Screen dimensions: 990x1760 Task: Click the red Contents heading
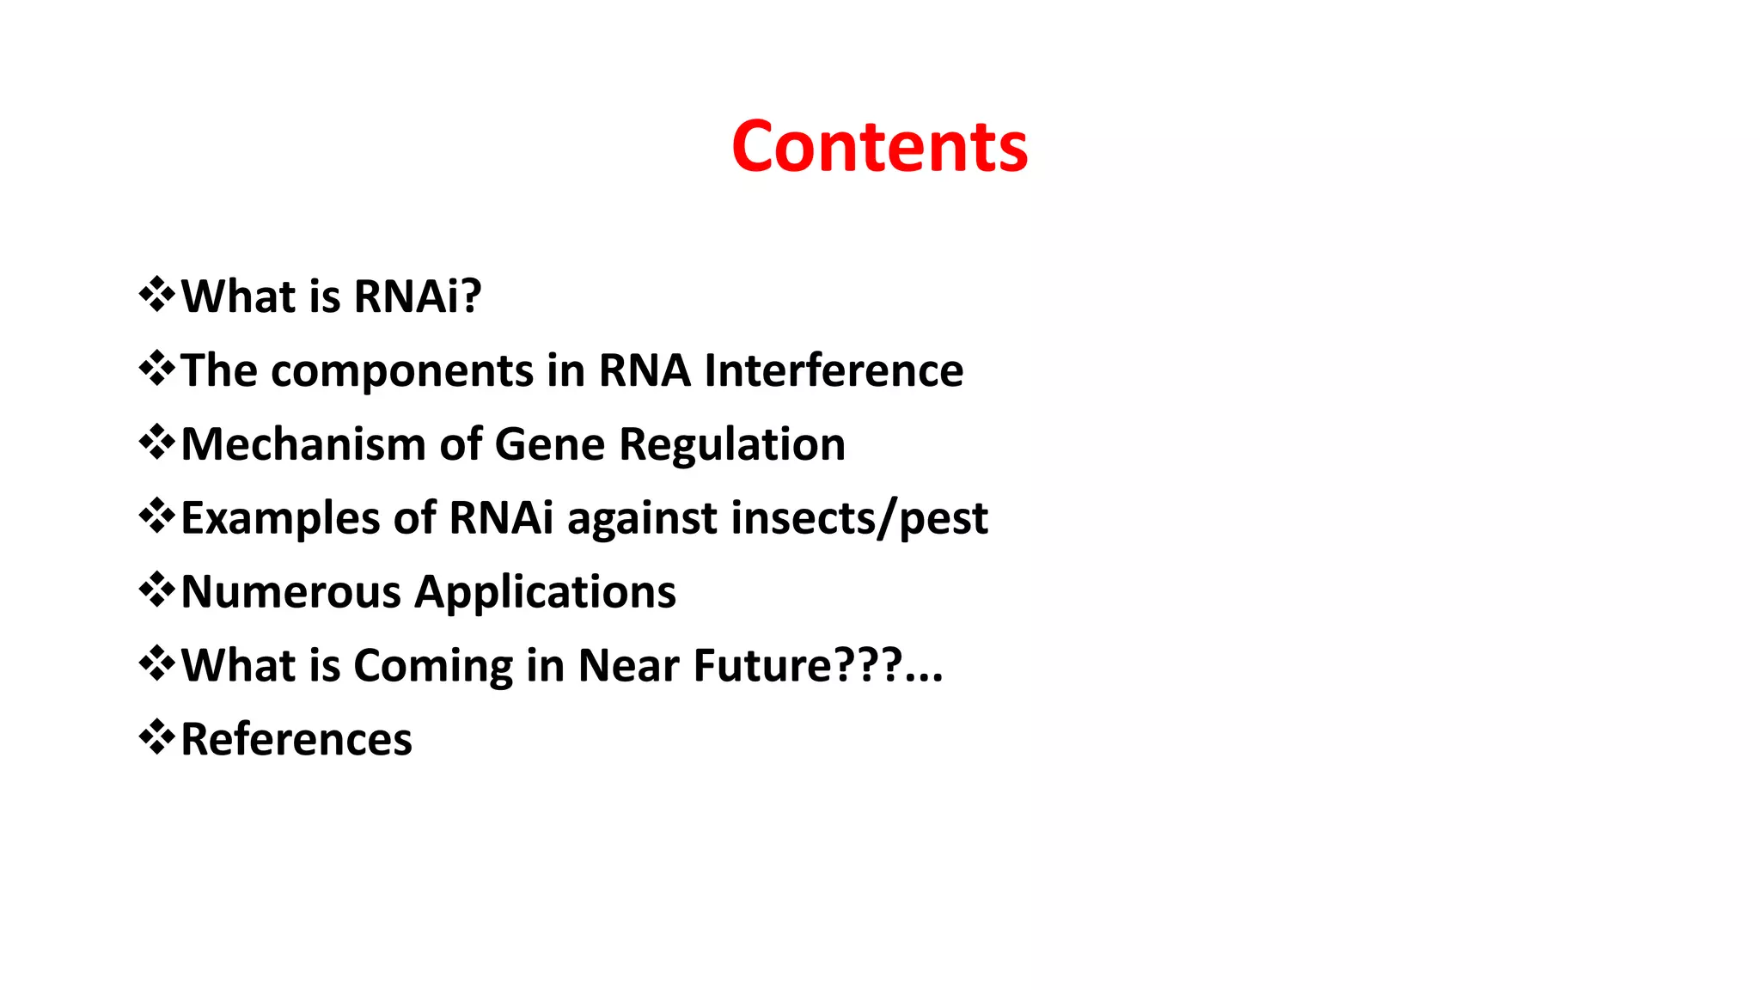(x=879, y=147)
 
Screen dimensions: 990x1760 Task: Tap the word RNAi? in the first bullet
(x=418, y=296)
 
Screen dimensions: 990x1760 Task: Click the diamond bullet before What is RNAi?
(x=156, y=295)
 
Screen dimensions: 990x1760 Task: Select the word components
(x=402, y=372)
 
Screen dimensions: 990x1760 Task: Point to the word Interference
(x=834, y=370)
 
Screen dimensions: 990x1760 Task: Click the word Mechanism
(x=303, y=444)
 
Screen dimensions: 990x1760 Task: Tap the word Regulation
(x=732, y=446)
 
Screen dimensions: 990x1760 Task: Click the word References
(x=296, y=740)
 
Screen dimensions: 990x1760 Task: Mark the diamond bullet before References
(x=156, y=737)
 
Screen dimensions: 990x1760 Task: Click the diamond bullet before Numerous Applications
(x=156, y=590)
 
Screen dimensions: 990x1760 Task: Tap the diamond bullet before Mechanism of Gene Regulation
(x=156, y=443)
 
